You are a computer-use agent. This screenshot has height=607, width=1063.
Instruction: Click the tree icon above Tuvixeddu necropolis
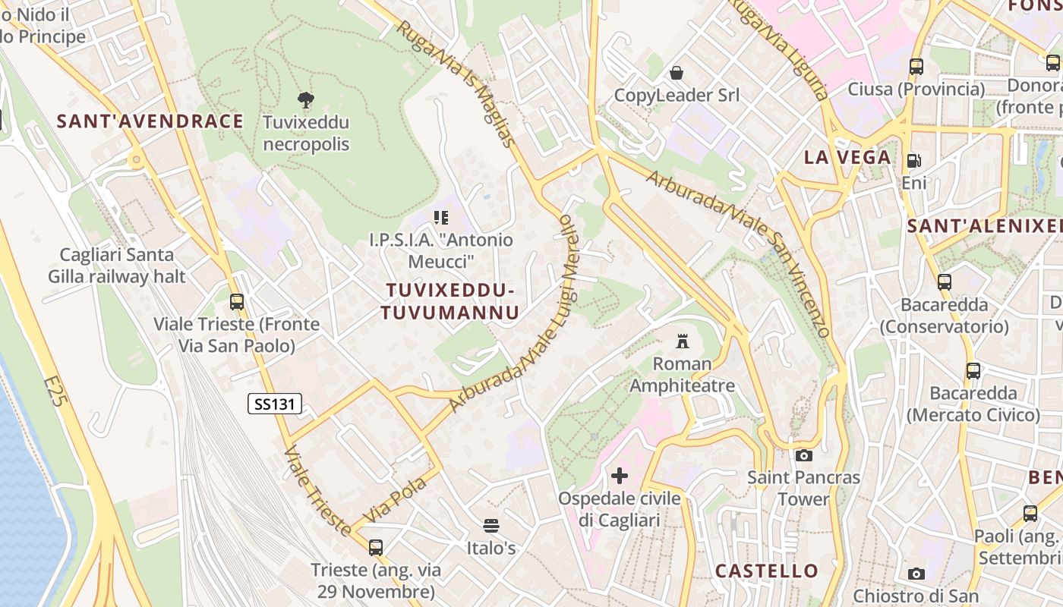306,99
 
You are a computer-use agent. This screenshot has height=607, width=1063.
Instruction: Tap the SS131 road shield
275,404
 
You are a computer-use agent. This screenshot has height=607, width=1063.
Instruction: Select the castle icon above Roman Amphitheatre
682,341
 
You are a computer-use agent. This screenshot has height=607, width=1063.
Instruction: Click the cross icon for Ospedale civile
620,476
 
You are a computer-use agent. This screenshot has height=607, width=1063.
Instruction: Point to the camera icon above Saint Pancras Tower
803,455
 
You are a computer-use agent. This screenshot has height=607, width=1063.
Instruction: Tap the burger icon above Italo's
490,525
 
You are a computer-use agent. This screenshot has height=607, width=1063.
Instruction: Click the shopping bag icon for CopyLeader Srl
676,73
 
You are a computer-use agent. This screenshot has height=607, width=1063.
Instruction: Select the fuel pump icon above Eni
913,161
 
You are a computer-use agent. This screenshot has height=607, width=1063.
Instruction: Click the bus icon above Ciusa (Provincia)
916,67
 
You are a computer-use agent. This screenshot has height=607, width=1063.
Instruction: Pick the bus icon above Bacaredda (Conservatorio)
944,282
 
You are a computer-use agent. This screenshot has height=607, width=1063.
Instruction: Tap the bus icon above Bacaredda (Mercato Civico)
973,371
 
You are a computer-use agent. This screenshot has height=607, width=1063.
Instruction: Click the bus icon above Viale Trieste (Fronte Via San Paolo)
237,301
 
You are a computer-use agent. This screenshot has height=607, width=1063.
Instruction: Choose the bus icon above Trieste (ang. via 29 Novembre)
375,547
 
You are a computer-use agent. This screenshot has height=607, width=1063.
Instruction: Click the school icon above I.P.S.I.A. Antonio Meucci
440,218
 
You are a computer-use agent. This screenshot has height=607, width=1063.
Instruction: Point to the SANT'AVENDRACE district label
150,121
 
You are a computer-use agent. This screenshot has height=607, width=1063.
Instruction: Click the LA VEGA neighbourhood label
847,157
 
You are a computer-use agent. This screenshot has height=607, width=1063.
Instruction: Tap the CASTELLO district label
767,571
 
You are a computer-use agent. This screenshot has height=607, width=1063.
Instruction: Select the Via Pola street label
396,501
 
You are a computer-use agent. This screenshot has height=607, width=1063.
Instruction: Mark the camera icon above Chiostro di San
916,574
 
